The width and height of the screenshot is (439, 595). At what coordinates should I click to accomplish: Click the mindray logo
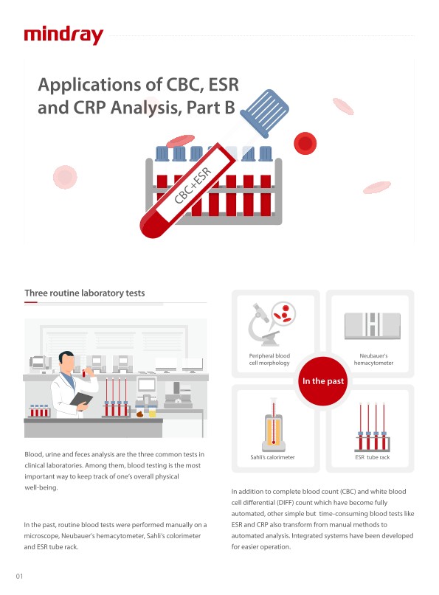(x=63, y=35)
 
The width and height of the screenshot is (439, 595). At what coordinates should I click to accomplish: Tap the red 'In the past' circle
(x=323, y=381)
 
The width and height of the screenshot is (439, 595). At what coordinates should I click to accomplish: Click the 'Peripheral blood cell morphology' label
(x=269, y=359)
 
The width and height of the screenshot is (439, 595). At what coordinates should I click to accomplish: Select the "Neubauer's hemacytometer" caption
(x=373, y=359)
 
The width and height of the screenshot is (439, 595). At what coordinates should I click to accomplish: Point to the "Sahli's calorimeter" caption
(x=272, y=457)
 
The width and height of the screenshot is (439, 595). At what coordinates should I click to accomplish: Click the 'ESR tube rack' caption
(x=372, y=457)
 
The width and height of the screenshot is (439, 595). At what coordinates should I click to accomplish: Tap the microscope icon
(x=263, y=324)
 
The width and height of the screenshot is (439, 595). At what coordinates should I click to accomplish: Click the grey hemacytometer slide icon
(x=372, y=326)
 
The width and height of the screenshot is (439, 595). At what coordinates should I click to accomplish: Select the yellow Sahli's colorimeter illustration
(x=274, y=425)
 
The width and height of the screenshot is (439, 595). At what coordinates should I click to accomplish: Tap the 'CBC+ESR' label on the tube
(x=193, y=185)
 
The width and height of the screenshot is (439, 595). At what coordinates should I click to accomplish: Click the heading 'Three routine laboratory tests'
(x=85, y=293)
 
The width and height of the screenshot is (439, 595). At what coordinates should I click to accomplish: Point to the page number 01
(x=19, y=576)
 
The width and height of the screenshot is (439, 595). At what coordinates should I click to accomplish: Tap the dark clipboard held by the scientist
(x=81, y=400)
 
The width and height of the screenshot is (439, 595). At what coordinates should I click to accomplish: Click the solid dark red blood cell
(x=305, y=144)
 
